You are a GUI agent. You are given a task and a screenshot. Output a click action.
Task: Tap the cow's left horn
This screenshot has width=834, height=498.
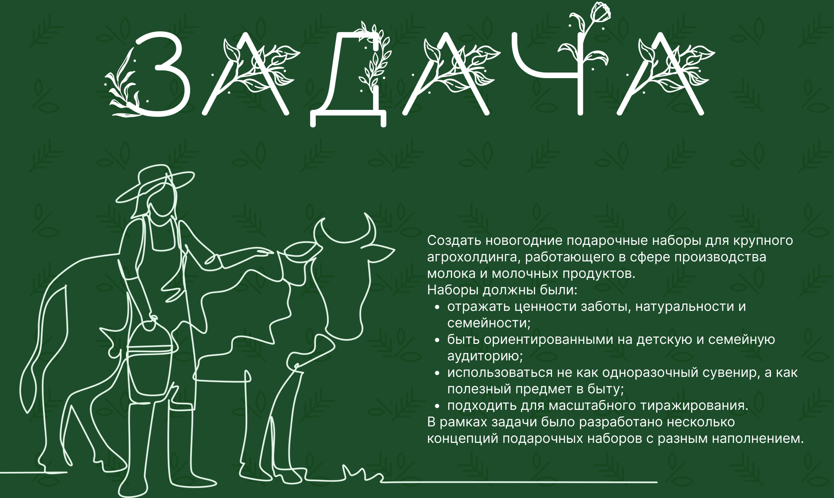pyautogui.click(x=319, y=230)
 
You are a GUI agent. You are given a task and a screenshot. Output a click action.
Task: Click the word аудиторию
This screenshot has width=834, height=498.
pyautogui.click(x=485, y=356)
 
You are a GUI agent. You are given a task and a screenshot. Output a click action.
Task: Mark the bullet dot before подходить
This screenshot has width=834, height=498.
pyautogui.click(x=437, y=406)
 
